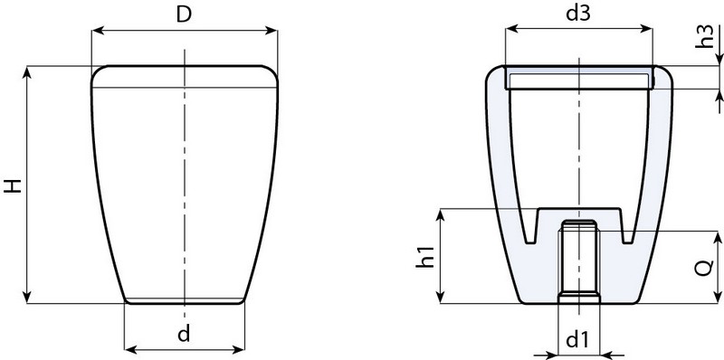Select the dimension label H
tap(12, 187)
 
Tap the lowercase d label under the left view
tap(184, 335)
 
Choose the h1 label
tap(424, 256)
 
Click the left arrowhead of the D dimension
tap(97, 30)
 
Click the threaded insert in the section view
tap(576, 262)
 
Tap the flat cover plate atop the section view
tap(577, 81)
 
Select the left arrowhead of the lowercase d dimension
tap(128, 348)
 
